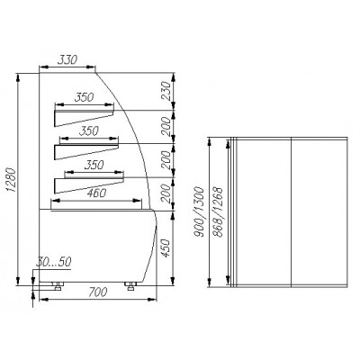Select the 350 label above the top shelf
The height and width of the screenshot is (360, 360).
coord(85,96)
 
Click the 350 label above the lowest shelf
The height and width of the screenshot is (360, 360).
coord(86,166)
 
